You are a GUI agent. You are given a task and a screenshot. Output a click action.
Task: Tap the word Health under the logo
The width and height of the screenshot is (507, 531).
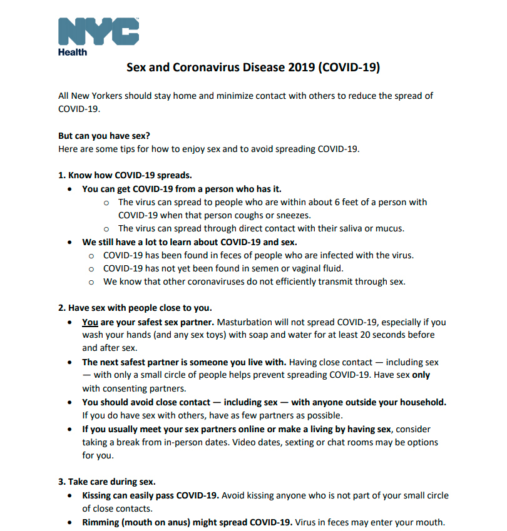pyautogui.click(x=73, y=52)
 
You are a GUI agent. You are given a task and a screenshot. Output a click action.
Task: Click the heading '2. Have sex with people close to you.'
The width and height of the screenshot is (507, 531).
pyautogui.click(x=135, y=308)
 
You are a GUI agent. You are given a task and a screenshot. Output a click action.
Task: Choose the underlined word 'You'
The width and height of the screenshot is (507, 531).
pyautogui.click(x=90, y=322)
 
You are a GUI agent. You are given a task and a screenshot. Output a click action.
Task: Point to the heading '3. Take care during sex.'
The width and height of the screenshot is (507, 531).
pyautogui.click(x=106, y=482)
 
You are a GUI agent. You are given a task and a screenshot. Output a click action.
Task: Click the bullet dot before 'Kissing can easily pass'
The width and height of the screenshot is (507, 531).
pyautogui.click(x=69, y=495)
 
